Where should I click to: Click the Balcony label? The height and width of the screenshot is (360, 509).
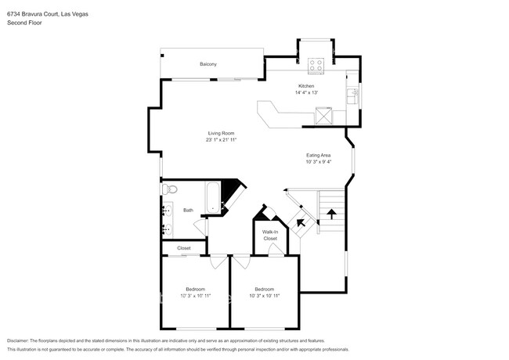[208, 63]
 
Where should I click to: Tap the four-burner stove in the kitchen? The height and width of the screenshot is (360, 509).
[317, 64]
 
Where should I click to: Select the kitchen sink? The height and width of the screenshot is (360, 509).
[353, 97]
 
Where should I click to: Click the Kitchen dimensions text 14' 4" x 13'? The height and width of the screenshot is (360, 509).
[306, 92]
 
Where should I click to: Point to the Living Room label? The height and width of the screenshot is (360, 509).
[221, 133]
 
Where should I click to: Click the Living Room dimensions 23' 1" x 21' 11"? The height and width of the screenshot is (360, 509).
[221, 140]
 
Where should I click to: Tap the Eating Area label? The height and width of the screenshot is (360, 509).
[318, 155]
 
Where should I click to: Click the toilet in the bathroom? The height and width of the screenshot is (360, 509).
[169, 189]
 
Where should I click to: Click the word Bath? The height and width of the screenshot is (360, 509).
[188, 210]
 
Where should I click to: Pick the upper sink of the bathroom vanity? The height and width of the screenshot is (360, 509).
[168, 211]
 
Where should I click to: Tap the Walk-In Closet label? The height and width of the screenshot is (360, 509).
[270, 235]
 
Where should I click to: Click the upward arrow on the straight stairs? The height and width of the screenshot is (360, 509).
[330, 212]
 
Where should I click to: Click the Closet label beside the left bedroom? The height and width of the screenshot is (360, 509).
[183, 248]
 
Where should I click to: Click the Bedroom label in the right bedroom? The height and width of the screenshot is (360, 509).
[265, 289]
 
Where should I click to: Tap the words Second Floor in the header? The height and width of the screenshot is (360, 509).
[26, 23]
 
